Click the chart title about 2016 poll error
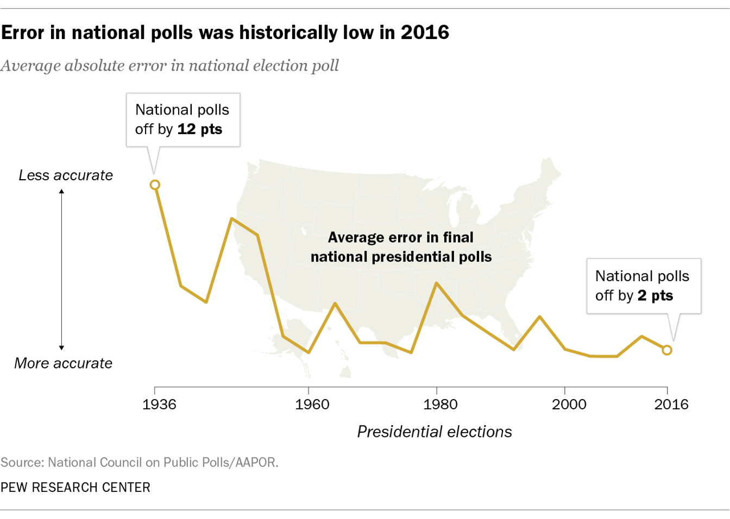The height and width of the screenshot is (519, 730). click(x=225, y=33)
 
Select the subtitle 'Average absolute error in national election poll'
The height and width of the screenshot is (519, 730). click(x=169, y=66)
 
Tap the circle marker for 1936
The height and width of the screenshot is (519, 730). click(x=155, y=185)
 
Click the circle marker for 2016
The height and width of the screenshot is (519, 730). click(x=667, y=350)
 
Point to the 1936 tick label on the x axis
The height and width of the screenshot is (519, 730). click(x=159, y=404)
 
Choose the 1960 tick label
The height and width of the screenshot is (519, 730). click(x=312, y=404)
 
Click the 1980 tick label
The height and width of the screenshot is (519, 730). click(x=440, y=404)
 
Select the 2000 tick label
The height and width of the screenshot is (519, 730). click(x=569, y=404)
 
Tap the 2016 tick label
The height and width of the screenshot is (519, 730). click(x=671, y=404)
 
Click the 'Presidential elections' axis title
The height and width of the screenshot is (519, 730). click(x=435, y=432)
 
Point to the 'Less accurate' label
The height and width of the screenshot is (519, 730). click(x=66, y=175)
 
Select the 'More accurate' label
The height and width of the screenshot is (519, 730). click(x=63, y=363)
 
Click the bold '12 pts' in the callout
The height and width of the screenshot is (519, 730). click(x=200, y=129)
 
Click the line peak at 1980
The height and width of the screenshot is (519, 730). click(x=437, y=283)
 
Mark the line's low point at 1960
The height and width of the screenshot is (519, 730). click(x=309, y=352)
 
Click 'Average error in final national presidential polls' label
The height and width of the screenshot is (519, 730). click(x=401, y=247)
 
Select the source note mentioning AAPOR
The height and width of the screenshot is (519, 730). click(x=139, y=463)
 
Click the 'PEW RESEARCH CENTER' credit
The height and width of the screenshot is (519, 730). click(x=75, y=488)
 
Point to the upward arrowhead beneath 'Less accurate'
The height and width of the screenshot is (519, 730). click(x=61, y=192)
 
